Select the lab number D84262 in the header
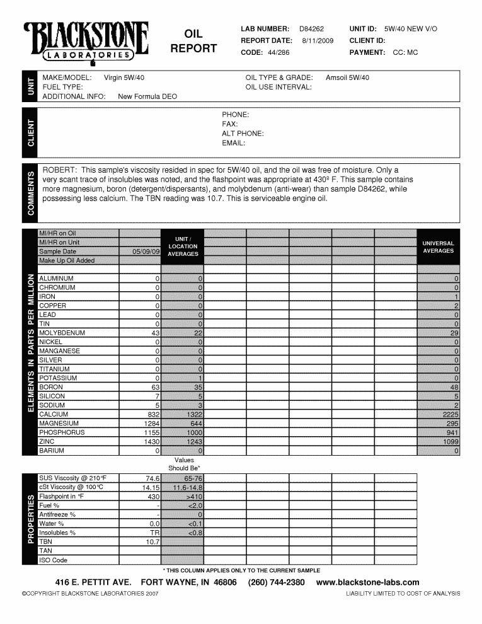pyautogui.click(x=311, y=29)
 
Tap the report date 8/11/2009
pyautogui.click(x=316, y=41)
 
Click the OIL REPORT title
pyautogui.click(x=193, y=41)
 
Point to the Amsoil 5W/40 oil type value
pyautogui.click(x=347, y=78)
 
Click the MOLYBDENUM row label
pyautogui.click(x=62, y=333)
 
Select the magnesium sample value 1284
pyautogui.click(x=152, y=424)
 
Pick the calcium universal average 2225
pyautogui.click(x=450, y=415)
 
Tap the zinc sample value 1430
pyautogui.click(x=152, y=442)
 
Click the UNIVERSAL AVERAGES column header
pyautogui.click(x=438, y=247)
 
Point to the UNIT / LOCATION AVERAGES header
pyautogui.click(x=183, y=246)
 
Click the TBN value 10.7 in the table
pyautogui.click(x=153, y=542)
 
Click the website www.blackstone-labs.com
pyautogui.click(x=367, y=582)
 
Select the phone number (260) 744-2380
pyautogui.click(x=277, y=582)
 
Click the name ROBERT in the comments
pyautogui.click(x=59, y=170)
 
